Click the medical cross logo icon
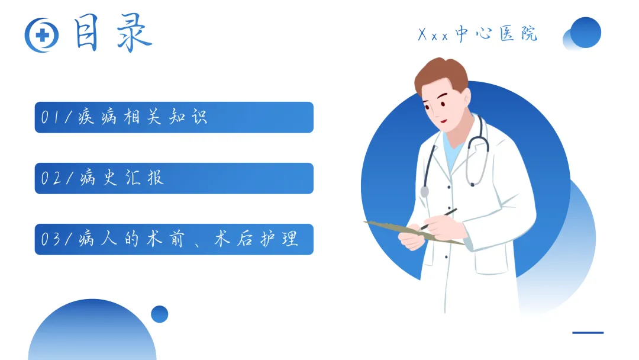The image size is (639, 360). (41, 35)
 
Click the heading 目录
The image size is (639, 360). (112, 33)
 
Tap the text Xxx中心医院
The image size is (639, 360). (477, 34)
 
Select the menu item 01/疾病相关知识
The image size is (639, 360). (174, 117)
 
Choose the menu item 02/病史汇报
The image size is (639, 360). (174, 178)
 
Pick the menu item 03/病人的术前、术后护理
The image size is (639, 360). (174, 239)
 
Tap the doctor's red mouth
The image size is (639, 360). (444, 121)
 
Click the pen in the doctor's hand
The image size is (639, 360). (438, 219)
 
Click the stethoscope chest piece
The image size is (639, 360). (425, 191)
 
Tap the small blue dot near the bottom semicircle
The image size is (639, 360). (159, 314)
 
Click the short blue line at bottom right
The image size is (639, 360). (588, 333)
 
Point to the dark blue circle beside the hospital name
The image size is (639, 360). (586, 32)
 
